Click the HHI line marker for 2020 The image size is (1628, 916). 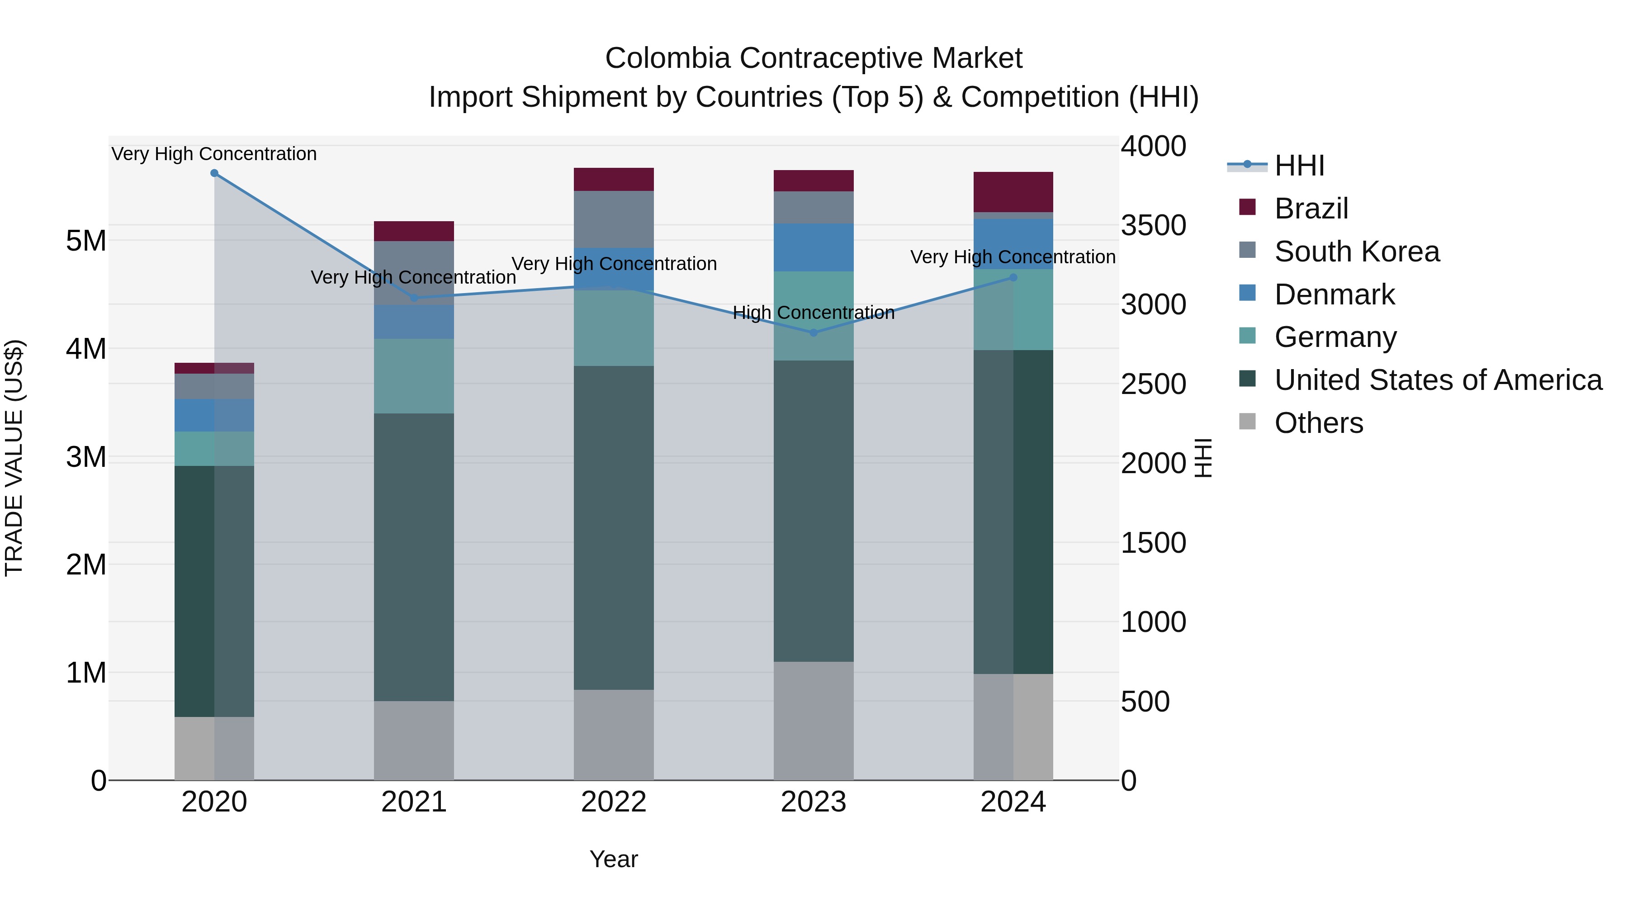(214, 173)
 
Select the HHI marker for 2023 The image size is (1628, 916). (814, 332)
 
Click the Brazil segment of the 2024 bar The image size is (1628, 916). (1013, 191)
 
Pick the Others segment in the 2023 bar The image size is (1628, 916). (814, 721)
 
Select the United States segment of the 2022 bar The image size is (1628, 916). (614, 527)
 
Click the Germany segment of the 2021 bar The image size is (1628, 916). (414, 376)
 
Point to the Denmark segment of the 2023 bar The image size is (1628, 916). (814, 247)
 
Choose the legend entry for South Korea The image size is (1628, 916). (1356, 252)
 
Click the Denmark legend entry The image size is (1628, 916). (1334, 294)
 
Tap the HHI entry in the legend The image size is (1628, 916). (1299, 166)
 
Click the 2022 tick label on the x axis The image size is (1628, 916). (614, 802)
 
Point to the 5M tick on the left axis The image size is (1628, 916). (86, 241)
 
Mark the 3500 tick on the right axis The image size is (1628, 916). (1153, 226)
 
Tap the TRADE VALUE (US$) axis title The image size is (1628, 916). (14, 458)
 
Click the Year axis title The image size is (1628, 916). (614, 859)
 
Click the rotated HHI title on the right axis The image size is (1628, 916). (1203, 458)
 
